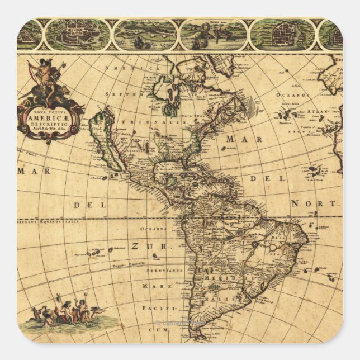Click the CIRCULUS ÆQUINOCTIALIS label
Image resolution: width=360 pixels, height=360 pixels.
tap(49, 221)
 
